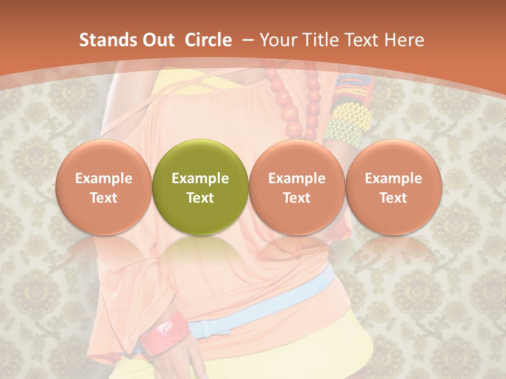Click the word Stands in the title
[x=105, y=40]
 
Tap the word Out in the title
[x=157, y=40]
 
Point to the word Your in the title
[x=277, y=40]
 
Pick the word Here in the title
[x=404, y=40]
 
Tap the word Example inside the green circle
[x=200, y=178]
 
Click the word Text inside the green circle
[x=200, y=198]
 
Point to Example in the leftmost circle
[x=104, y=178]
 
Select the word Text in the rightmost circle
[x=394, y=198]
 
